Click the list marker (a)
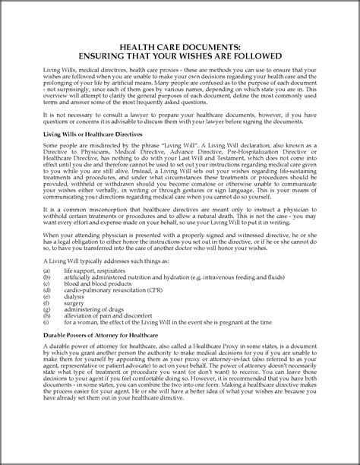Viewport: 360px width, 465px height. (48, 291)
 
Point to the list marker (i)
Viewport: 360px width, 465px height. (47, 353)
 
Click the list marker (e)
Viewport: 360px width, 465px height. (48, 322)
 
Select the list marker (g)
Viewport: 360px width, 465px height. (48, 337)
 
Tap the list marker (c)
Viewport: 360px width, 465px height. (48, 307)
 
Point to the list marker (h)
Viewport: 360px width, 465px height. (48, 345)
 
